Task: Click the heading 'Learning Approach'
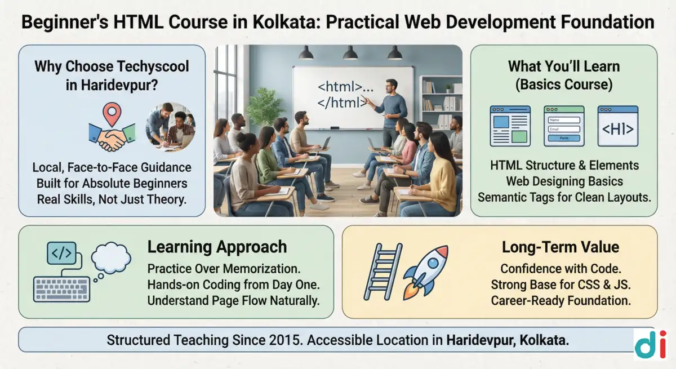point(217,247)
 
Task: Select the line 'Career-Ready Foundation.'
point(561,300)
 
